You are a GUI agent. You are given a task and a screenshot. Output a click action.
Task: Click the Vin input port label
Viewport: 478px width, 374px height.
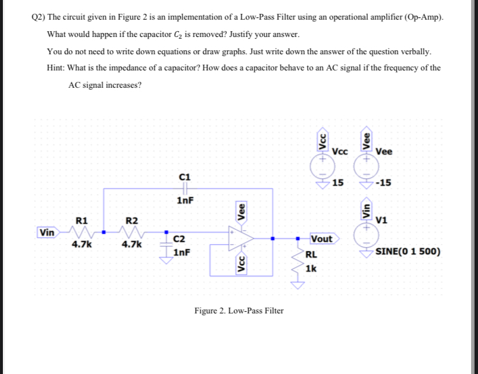click(x=47, y=233)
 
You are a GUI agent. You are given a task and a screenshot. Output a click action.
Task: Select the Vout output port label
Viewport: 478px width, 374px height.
click(x=322, y=239)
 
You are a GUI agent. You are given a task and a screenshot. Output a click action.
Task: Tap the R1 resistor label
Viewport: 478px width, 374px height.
click(x=81, y=220)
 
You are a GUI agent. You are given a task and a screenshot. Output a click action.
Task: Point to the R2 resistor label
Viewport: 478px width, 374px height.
click(x=132, y=220)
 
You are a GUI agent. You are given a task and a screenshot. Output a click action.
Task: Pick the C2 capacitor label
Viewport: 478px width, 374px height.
click(x=180, y=239)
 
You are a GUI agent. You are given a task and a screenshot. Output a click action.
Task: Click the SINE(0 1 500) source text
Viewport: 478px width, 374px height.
click(x=408, y=252)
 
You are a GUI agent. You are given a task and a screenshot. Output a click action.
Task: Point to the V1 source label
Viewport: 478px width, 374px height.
click(x=381, y=219)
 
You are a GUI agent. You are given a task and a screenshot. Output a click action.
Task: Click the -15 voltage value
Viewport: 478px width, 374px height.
click(x=383, y=184)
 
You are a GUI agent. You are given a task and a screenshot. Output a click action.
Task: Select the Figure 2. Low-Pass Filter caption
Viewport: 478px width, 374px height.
click(x=239, y=311)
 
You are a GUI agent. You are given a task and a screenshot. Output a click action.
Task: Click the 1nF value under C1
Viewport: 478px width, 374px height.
click(x=185, y=201)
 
